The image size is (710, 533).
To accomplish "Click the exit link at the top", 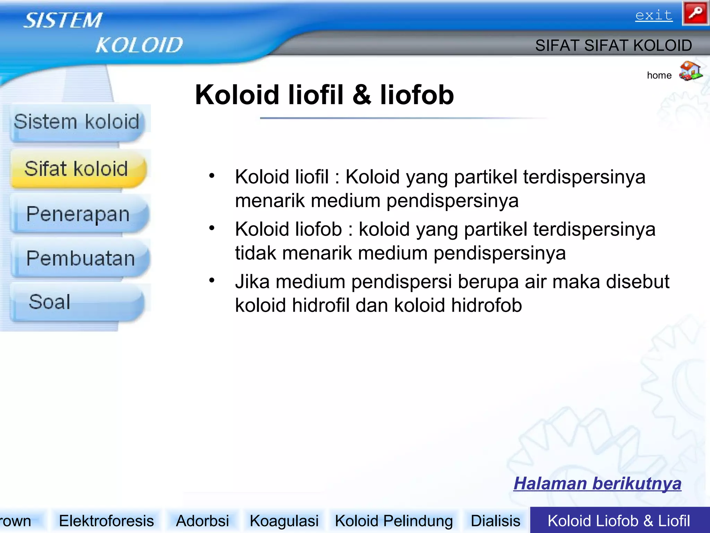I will coord(654,15).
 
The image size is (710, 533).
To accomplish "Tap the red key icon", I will coord(695,13).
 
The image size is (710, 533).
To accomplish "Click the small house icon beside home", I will coord(690,71).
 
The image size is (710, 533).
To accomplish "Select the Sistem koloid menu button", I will coord(77,122).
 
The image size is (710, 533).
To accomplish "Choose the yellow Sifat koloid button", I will coord(77,169).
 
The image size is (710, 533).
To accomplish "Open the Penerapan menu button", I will coord(78,214).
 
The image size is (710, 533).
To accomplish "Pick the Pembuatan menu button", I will coord(80,258).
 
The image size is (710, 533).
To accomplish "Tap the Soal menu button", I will coord(50,302).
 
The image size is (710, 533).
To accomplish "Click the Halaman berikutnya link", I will coord(597,483).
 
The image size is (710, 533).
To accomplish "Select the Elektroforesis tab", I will coord(106,521).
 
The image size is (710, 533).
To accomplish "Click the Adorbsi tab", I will coord(202,521).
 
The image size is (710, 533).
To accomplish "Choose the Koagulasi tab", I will coord(284,521).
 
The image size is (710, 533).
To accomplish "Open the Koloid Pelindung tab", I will coord(394,521).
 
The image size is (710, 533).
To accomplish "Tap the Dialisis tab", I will coord(495,521).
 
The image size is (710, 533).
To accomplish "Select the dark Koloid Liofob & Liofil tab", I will coord(619,521).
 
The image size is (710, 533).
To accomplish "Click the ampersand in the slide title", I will coord(362,95).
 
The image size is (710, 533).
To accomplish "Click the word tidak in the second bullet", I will coord(256,253).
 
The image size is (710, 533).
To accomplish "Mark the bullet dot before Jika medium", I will coord(212,280).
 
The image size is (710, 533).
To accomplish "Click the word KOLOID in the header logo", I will coord(139,45).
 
